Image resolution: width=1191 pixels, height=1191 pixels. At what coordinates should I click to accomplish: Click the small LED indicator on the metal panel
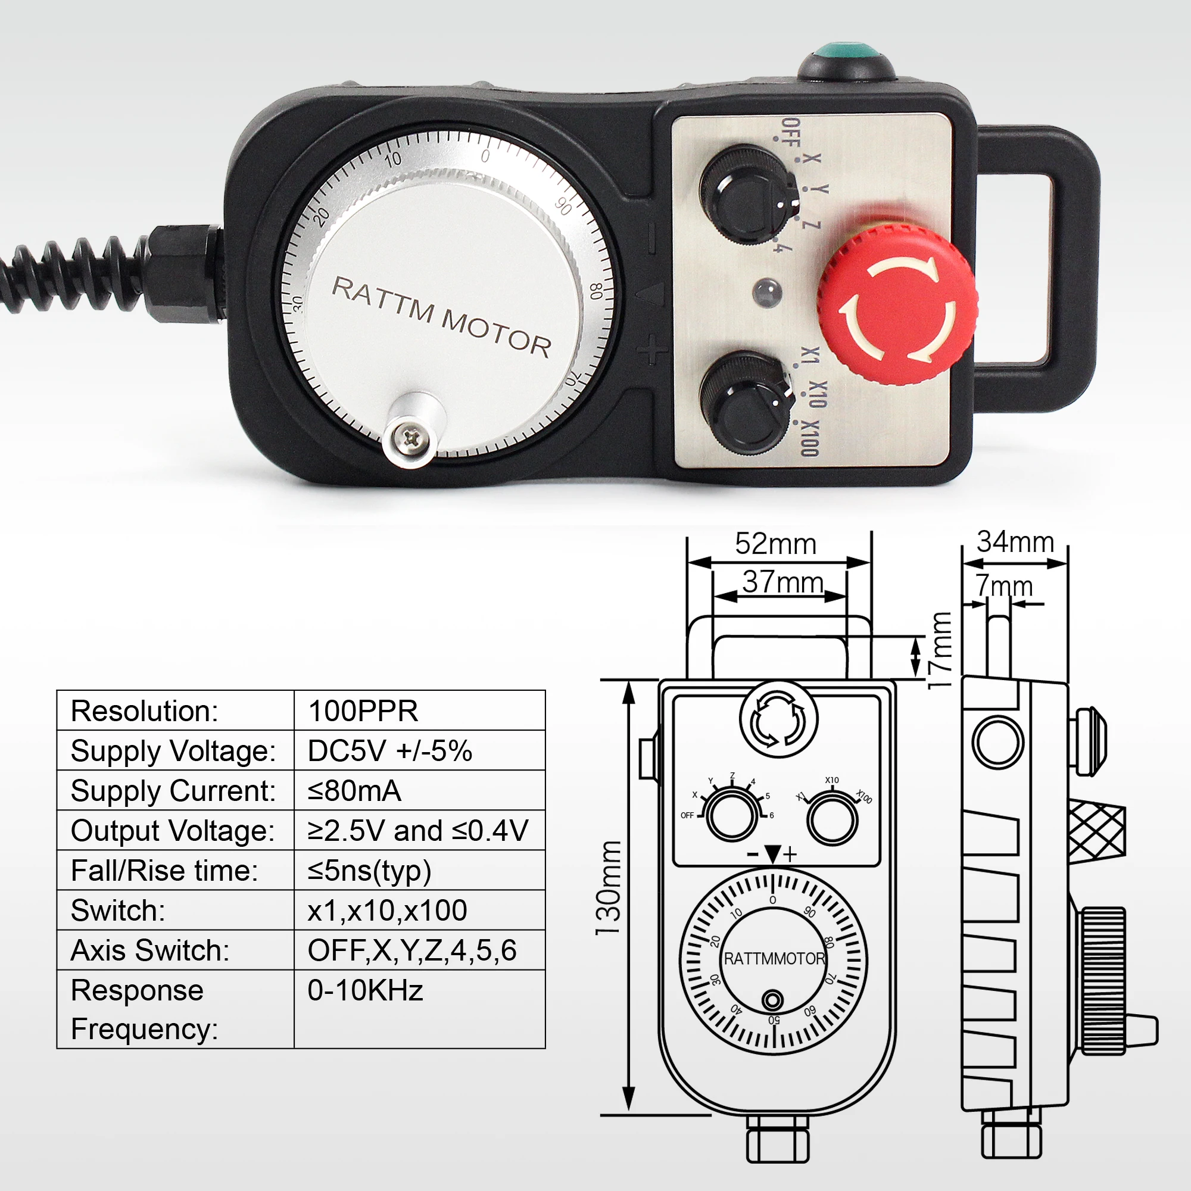(x=768, y=291)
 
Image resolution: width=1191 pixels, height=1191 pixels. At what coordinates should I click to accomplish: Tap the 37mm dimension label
(x=782, y=582)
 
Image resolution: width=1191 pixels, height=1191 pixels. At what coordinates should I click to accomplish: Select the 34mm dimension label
(x=1015, y=542)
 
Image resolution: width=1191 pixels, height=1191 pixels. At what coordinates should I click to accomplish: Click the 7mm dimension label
(x=1003, y=586)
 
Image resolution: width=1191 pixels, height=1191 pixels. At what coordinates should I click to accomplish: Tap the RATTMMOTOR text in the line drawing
(x=774, y=959)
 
